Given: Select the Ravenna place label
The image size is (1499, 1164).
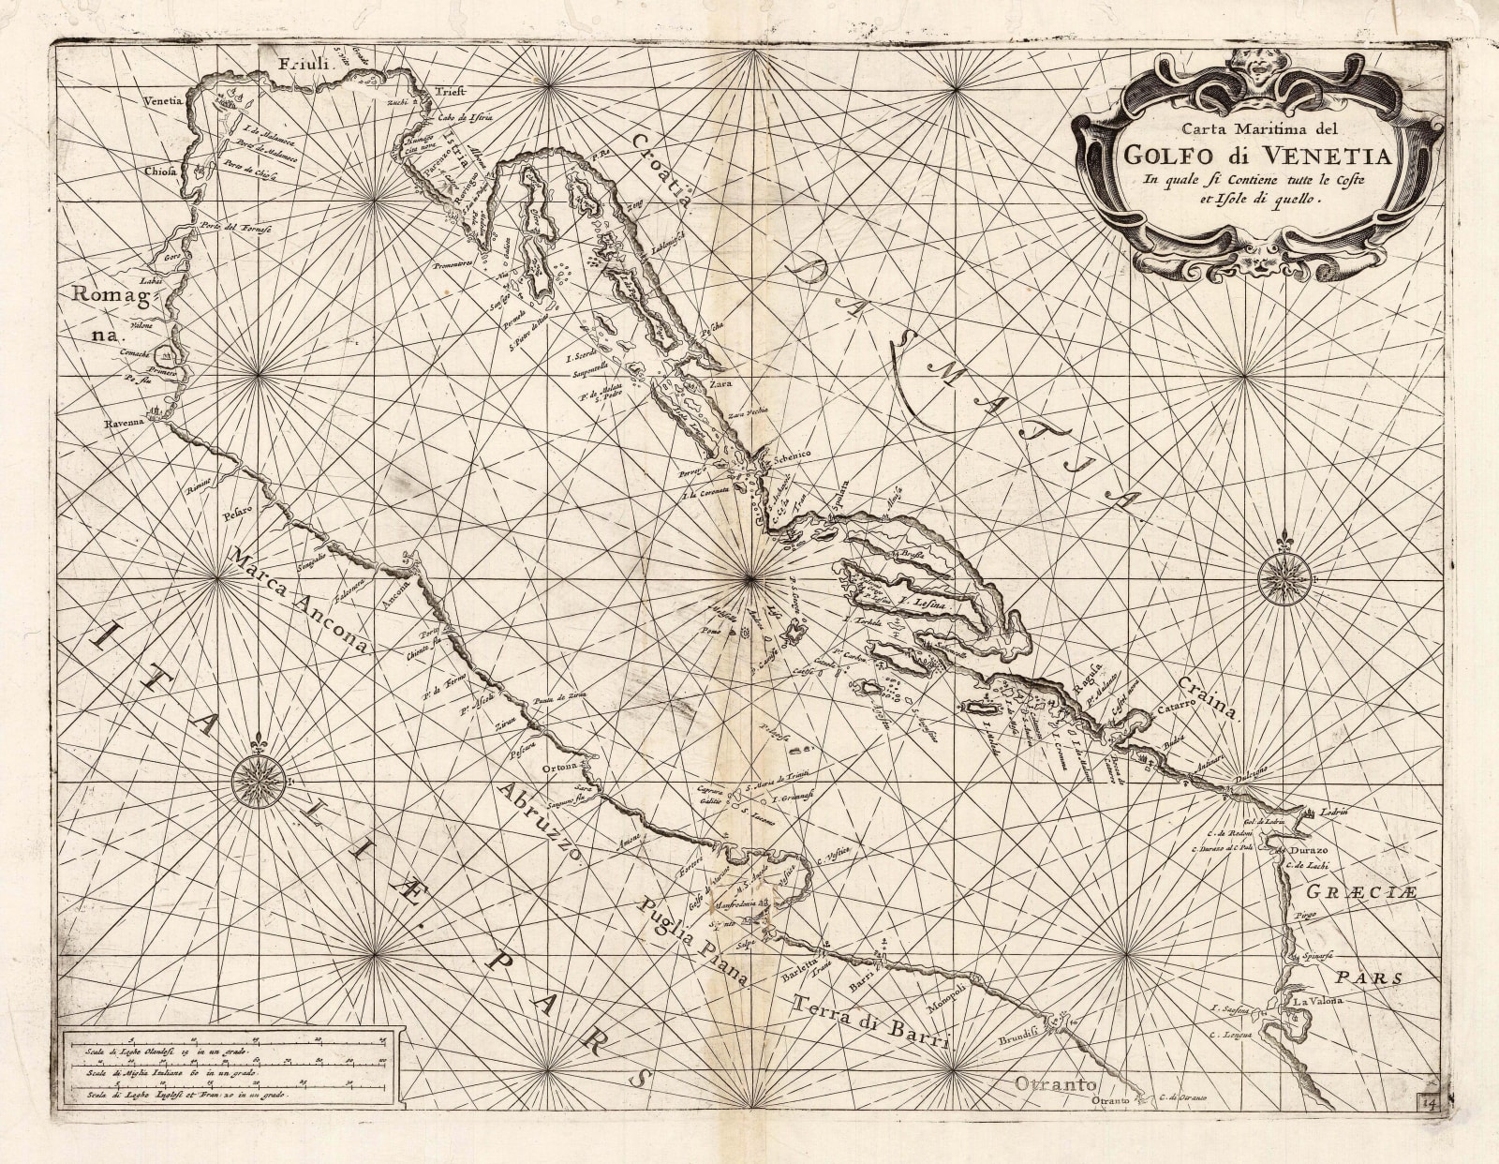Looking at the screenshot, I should pyautogui.click(x=126, y=424).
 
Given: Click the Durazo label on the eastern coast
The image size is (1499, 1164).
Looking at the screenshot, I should pyautogui.click(x=1305, y=849).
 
